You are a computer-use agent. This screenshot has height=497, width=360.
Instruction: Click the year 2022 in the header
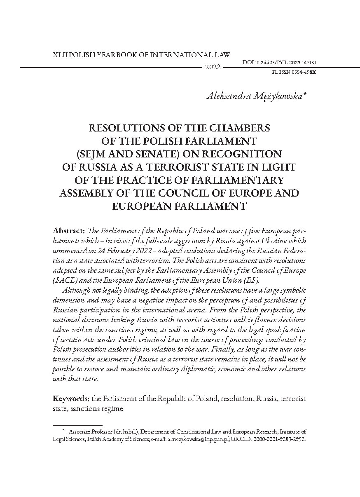point(213,68)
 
